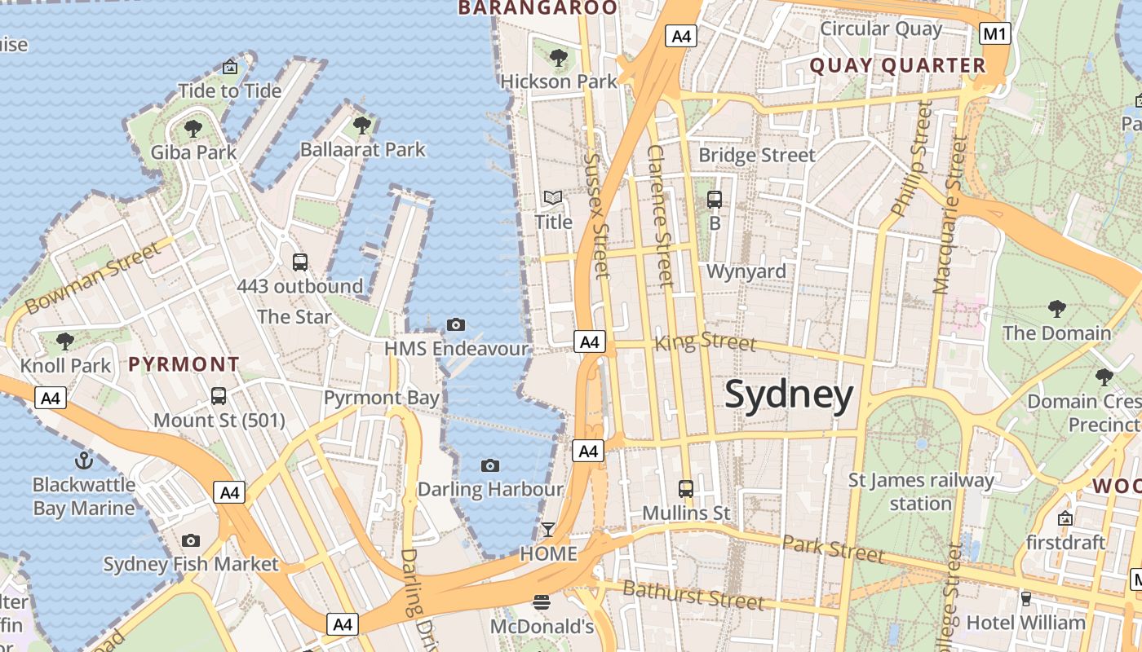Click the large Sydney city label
(x=789, y=395)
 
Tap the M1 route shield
(x=995, y=33)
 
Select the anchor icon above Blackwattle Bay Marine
(x=84, y=461)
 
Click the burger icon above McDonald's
(x=542, y=603)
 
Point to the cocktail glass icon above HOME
(x=548, y=530)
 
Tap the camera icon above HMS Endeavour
(x=456, y=325)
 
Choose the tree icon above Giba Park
(x=193, y=128)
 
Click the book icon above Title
(x=553, y=198)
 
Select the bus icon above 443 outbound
(x=300, y=262)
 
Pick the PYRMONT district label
(x=184, y=364)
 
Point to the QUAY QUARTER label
(x=897, y=66)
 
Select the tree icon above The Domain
(x=1057, y=309)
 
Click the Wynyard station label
(x=746, y=271)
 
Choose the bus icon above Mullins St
(x=686, y=489)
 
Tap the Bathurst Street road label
(x=693, y=596)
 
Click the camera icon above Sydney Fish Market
(x=191, y=540)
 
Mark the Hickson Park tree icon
(x=559, y=58)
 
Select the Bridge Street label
(x=757, y=155)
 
